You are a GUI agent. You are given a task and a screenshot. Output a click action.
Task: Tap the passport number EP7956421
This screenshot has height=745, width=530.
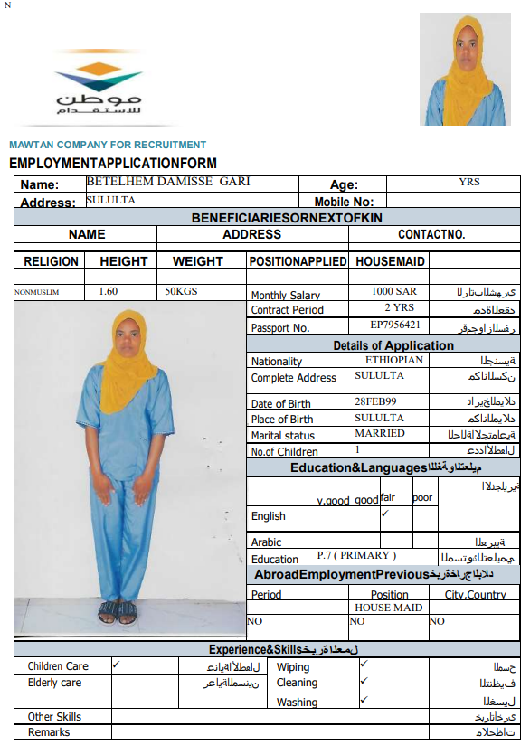pyautogui.click(x=395, y=325)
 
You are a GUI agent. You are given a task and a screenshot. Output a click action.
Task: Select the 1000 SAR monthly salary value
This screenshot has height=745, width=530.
pyautogui.click(x=394, y=292)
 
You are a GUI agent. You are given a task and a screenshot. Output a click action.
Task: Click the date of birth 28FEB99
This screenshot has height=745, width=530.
pyautogui.click(x=374, y=401)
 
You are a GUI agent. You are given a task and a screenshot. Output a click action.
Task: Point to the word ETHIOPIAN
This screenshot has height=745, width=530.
pyautogui.click(x=388, y=359)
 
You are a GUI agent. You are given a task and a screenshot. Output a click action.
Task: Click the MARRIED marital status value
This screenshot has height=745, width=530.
pyautogui.click(x=380, y=433)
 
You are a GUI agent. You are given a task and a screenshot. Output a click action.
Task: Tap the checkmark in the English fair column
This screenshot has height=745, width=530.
pyautogui.click(x=384, y=513)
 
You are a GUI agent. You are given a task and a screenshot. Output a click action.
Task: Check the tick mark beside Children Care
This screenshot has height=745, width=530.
pyautogui.click(x=115, y=665)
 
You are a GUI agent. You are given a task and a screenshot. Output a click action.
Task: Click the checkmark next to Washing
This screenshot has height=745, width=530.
pyautogui.click(x=364, y=700)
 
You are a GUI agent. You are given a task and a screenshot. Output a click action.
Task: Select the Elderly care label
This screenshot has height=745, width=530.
pyautogui.click(x=54, y=683)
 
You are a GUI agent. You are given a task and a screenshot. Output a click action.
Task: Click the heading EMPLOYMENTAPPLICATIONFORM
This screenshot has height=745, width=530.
pyautogui.click(x=113, y=164)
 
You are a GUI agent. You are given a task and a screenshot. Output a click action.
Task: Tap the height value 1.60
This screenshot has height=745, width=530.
pyautogui.click(x=108, y=291)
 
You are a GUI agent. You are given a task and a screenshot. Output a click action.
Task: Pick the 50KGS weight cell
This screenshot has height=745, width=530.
pyautogui.click(x=181, y=291)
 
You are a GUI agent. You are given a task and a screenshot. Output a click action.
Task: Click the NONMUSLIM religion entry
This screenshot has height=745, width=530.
pyautogui.click(x=36, y=292)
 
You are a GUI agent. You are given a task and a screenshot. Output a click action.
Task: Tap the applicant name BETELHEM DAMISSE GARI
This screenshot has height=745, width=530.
pyautogui.click(x=167, y=182)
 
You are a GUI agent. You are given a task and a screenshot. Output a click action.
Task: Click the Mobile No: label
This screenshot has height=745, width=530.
pyautogui.click(x=344, y=202)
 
